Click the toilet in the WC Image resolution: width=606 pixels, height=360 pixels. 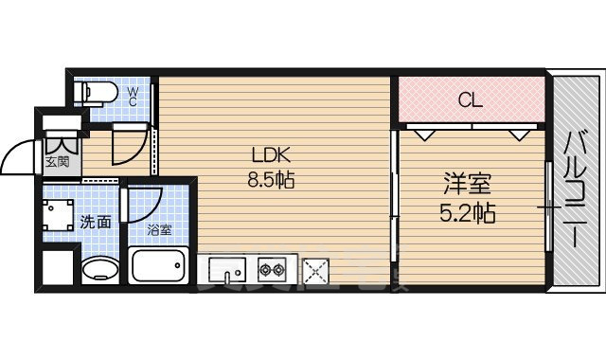pyautogui.click(x=98, y=93)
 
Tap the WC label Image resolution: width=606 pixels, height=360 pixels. pyautogui.click(x=134, y=94)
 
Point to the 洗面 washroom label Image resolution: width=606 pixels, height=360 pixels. pyautogui.click(x=96, y=223)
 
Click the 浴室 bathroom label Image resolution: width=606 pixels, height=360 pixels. pyautogui.click(x=159, y=228)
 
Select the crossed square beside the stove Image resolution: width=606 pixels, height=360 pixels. pyautogui.click(x=314, y=273)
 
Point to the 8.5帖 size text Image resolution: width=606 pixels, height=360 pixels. pyautogui.click(x=270, y=180)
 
